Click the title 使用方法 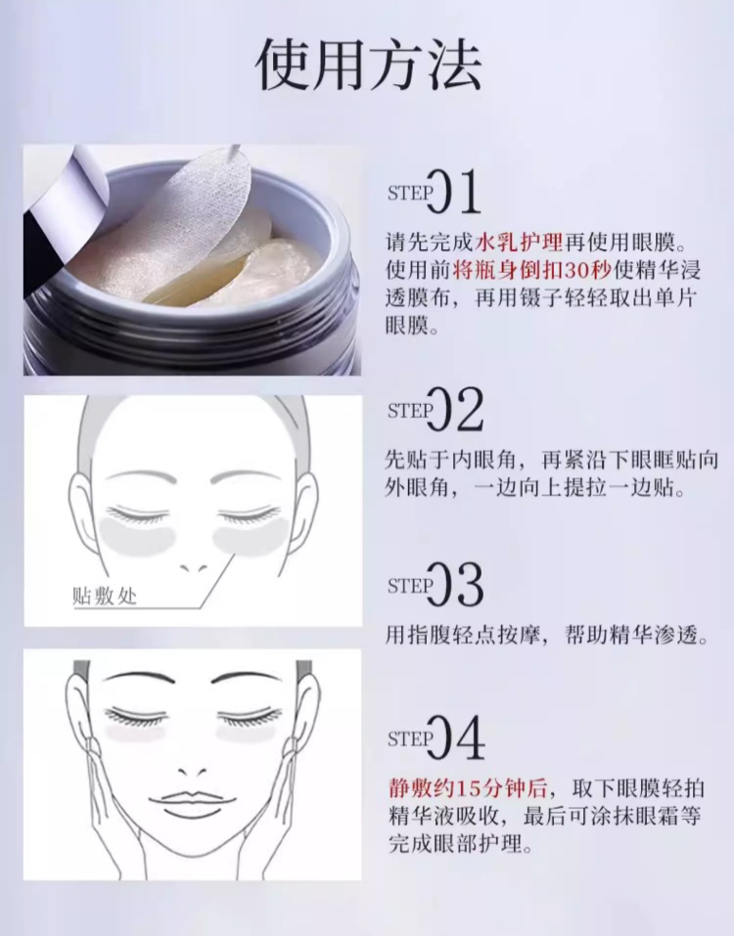[369, 66]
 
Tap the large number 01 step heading [454, 192]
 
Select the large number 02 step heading [455, 410]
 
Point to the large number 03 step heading [455, 585]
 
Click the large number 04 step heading [455, 737]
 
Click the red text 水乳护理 [519, 243]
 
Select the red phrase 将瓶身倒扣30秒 [532, 270]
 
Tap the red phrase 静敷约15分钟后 [468, 789]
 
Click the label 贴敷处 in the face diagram [105, 596]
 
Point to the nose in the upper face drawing [193, 566]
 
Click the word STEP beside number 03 [410, 586]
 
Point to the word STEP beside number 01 [410, 193]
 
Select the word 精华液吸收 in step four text [443, 817]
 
